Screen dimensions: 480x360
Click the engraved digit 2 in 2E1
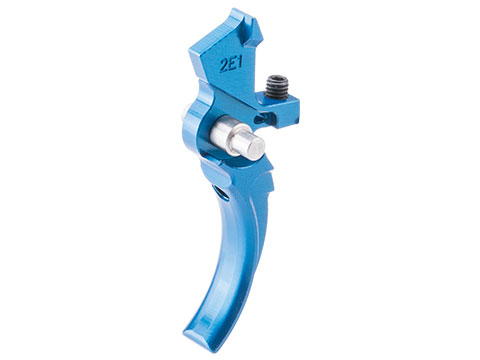pyautogui.click(x=224, y=67)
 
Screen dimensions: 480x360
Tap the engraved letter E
pyautogui.click(x=232, y=64)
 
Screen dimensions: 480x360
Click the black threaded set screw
pyautogui.click(x=277, y=87)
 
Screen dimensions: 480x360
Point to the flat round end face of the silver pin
pyautogui.click(x=255, y=146)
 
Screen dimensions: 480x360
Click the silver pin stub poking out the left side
pyautogui.click(x=185, y=110)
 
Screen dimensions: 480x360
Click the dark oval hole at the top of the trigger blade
pyautogui.click(x=221, y=193)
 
